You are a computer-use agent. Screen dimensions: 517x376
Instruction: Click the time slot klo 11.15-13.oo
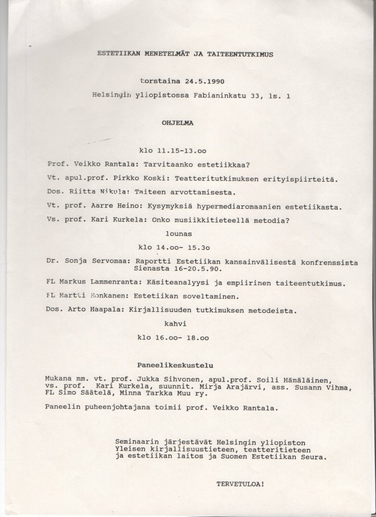click(x=172, y=150)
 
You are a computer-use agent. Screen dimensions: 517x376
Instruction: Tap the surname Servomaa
click(x=110, y=262)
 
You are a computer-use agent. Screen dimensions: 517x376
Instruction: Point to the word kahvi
click(x=175, y=324)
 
